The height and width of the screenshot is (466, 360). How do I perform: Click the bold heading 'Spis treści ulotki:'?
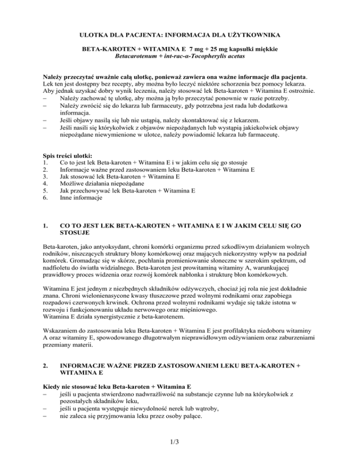coord(64,156)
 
